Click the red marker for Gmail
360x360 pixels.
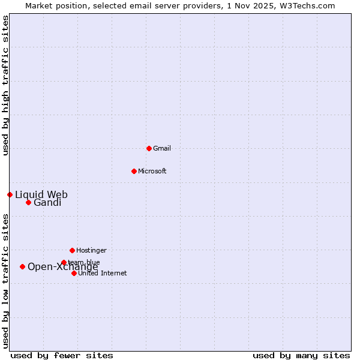click(149, 148)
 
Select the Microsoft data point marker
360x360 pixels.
click(134, 171)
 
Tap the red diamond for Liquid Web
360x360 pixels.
click(10, 194)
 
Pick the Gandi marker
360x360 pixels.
click(28, 202)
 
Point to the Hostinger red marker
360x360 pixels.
click(72, 250)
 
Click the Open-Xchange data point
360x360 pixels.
click(22, 266)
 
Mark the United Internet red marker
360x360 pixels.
click(74, 273)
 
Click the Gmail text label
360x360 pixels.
click(162, 148)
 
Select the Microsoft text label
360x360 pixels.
click(152, 171)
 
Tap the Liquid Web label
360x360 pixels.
click(41, 194)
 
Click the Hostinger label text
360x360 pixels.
click(91, 250)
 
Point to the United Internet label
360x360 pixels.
click(102, 273)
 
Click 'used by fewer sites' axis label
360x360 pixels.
click(62, 355)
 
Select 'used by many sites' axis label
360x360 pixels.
click(301, 355)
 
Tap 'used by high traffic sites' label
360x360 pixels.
click(5, 85)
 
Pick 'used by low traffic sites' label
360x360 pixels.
click(5, 281)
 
